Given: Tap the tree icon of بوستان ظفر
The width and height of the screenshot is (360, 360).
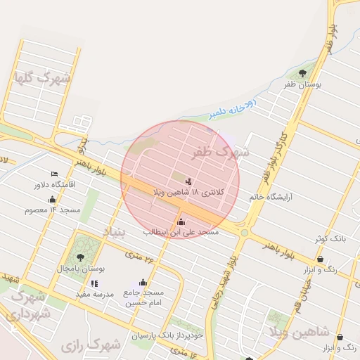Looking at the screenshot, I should coord(302,72).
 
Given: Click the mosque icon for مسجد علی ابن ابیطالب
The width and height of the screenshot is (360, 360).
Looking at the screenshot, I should coord(181,222).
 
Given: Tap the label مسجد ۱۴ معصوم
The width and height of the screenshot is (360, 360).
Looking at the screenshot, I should coord(52,210).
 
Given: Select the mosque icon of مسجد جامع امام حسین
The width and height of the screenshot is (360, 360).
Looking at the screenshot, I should coord(143,283).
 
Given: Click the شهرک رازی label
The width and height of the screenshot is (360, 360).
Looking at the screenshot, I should coord(91,345).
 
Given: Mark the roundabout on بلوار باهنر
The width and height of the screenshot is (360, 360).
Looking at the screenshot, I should coord(244,232).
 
